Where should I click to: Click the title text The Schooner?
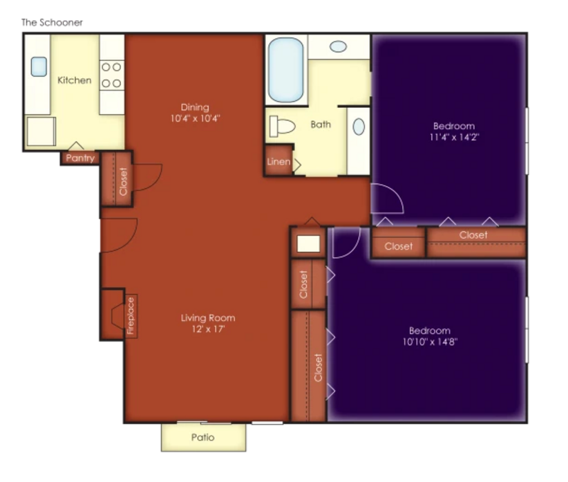coord(52,22)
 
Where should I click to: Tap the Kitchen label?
coord(74,80)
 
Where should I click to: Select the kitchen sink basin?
coord(39,66)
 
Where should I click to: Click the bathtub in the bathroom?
coord(286,70)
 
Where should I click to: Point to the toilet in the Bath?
coord(282,126)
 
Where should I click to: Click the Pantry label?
coord(80,158)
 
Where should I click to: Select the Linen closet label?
coord(278,162)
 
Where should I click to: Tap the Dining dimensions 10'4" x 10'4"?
coord(196,118)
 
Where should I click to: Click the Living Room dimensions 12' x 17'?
coord(208,329)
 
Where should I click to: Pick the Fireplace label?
coord(131,315)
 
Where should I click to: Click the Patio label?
coord(203,438)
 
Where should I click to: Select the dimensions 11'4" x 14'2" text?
coord(454,137)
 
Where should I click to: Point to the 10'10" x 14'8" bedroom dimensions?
coord(430,342)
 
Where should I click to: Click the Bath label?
coord(321,124)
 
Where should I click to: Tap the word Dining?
coord(195,107)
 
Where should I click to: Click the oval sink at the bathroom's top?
coord(339,46)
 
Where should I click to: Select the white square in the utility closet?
coord(309,243)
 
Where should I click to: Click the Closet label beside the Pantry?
coord(123,182)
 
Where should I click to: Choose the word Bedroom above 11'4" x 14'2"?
coord(454,126)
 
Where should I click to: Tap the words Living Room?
coord(208,318)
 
